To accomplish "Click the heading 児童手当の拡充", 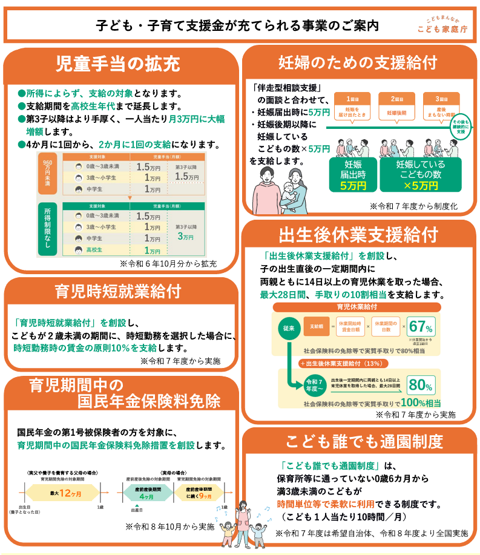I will point(118,63).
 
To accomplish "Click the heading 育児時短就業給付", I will point(118,291).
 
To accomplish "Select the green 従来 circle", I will point(289,328).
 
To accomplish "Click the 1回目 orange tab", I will point(353,99).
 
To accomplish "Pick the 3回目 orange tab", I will point(441,99).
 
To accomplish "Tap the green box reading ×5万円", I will point(420,174).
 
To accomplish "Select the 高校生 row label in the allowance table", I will point(94,249).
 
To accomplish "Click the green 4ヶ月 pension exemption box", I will point(146,493).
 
